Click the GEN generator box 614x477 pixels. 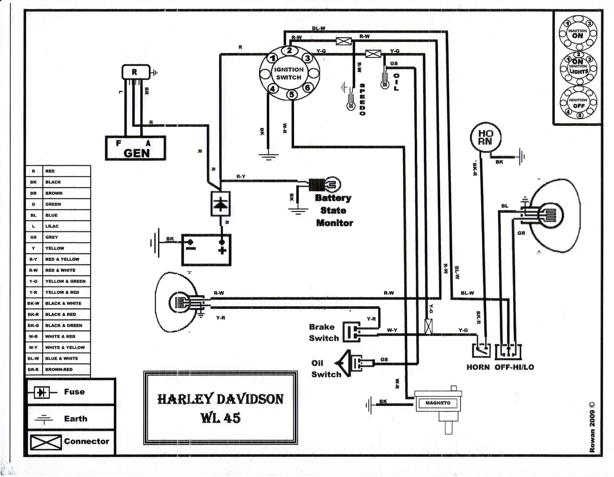(x=135, y=148)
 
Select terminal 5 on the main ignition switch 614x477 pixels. (x=292, y=95)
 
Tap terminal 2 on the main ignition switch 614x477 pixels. (x=289, y=51)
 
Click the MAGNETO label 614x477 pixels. (x=438, y=403)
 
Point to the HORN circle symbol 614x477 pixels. (x=485, y=138)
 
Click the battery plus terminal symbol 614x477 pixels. (x=222, y=250)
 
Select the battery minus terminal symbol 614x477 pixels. (x=190, y=248)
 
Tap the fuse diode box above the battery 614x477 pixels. (x=220, y=204)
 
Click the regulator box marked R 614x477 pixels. (x=136, y=72)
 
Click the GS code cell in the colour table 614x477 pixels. (x=34, y=237)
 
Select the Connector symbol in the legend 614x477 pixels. (x=46, y=442)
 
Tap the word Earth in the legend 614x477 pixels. (x=76, y=419)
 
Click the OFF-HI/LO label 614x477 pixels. (x=514, y=367)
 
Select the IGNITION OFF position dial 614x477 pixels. (x=578, y=103)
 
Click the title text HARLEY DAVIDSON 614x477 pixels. (x=220, y=399)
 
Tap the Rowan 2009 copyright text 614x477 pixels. (x=592, y=427)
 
